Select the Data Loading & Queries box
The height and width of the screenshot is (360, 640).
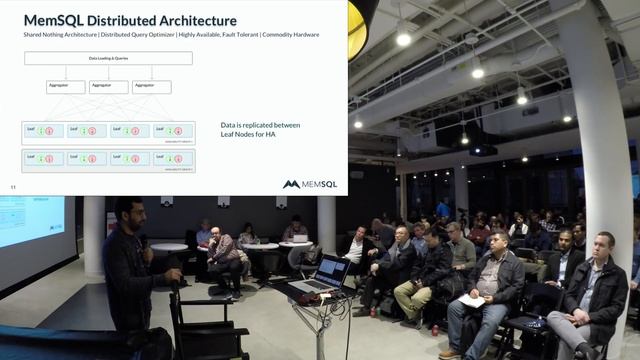pos(107,59)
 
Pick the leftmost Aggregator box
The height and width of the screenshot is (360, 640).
pos(65,87)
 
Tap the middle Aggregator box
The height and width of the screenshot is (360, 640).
pos(108,87)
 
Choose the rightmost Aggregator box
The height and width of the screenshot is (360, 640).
pos(150,87)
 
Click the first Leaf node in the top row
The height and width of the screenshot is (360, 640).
pos(43,130)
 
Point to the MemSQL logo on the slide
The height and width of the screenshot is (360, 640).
pos(310,184)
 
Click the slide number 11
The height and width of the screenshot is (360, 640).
pos(13,186)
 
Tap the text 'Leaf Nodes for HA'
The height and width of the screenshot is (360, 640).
pos(248,136)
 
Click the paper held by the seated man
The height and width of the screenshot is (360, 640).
pos(472,299)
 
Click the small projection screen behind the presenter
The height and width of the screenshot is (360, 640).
pos(30,220)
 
